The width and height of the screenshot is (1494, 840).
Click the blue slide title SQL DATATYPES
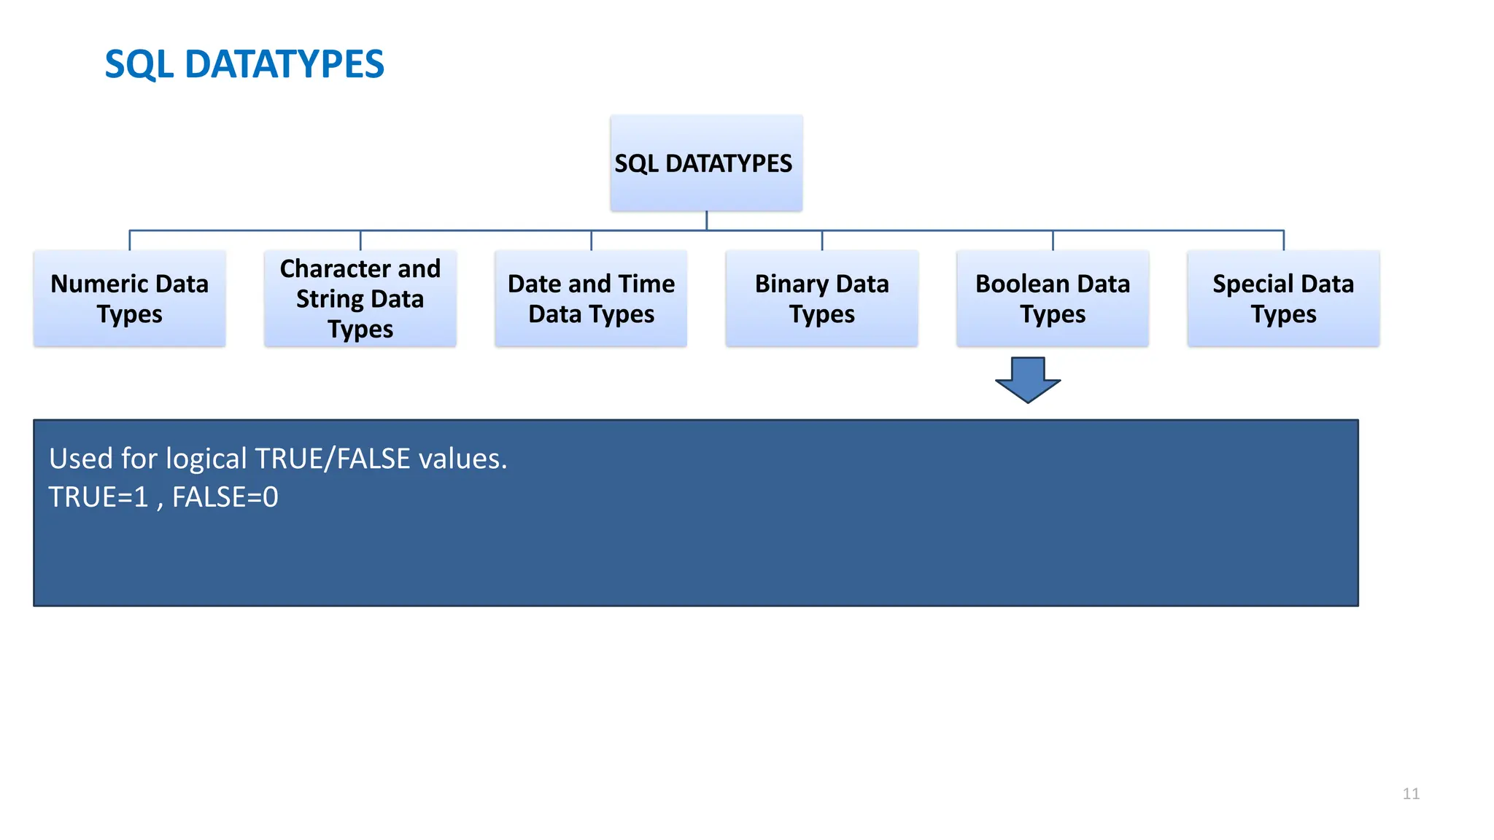pos(244,64)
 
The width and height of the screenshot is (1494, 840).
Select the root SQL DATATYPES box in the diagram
pos(705,163)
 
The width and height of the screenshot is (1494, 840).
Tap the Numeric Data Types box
pos(129,298)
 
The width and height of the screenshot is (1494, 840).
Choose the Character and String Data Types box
pos(360,298)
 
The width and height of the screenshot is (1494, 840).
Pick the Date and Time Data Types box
pos(591,298)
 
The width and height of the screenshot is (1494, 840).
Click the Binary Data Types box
pos(821,298)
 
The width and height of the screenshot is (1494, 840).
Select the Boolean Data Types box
pos(1052,298)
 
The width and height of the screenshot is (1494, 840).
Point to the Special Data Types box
pos(1283,298)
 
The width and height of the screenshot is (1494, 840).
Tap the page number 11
pos(1411,793)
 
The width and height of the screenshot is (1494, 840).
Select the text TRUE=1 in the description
pos(98,497)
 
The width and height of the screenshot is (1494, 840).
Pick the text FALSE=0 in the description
pos(225,497)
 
